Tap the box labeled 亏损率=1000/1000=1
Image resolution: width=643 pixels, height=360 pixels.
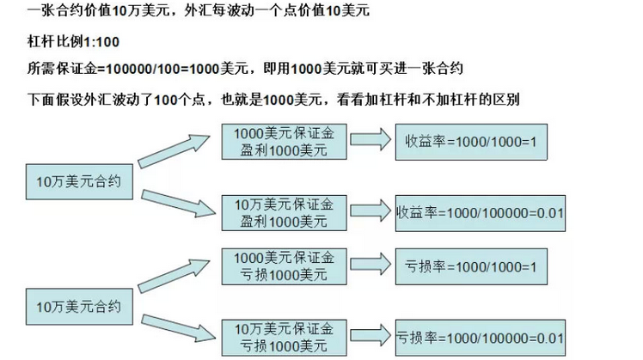click(470, 267)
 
